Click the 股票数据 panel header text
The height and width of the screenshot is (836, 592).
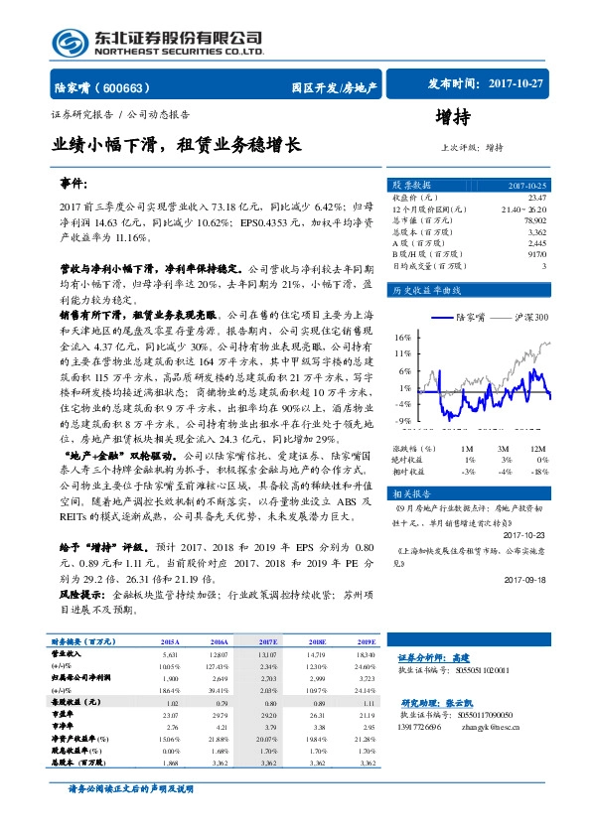[x=410, y=186]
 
